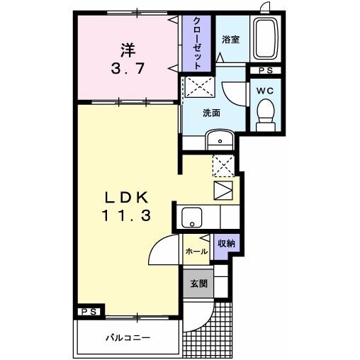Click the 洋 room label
pos(128,50)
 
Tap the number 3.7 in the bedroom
pos(128,69)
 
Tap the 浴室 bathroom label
pos(230,40)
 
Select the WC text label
pos(266,91)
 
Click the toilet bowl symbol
pos(266,113)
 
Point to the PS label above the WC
pos(265,69)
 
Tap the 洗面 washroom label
pos(210,113)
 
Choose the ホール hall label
pos(196,252)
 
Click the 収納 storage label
pos(226,243)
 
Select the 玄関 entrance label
pos(198,283)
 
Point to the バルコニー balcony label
pos(128,337)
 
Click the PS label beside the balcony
pos(90,311)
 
